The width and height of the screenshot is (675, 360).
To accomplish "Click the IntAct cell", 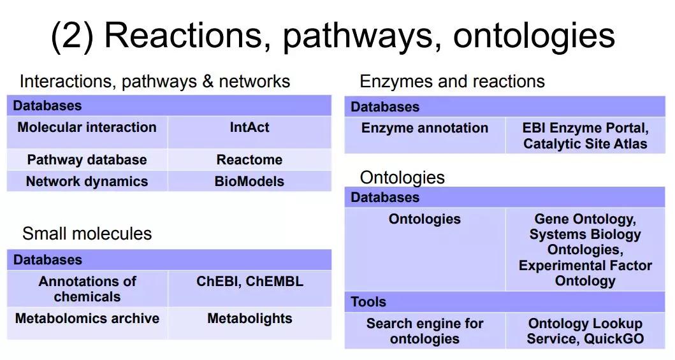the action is point(250,133).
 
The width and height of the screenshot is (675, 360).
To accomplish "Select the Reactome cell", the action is point(250,160).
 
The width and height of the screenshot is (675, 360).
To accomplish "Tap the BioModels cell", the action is point(250,181).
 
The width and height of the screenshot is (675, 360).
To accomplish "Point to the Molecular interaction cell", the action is point(87,133).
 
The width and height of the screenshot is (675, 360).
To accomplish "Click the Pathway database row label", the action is point(87,160).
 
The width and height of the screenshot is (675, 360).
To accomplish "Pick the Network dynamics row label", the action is point(87,181).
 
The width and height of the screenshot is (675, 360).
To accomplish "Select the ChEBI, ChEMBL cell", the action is point(250,288).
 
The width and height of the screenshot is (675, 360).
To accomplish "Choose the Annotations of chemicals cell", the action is point(87,288).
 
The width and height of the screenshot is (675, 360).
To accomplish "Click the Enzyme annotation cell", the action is point(425,135).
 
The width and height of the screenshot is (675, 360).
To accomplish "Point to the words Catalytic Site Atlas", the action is point(585,143).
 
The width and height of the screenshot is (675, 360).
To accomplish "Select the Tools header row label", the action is point(368,302).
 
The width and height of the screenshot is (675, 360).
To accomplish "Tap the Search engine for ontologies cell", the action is point(425,330).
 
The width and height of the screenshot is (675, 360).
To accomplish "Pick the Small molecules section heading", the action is point(87,234).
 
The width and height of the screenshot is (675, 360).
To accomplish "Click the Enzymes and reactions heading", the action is point(452,82).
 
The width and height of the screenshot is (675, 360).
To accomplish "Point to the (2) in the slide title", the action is point(72,36).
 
